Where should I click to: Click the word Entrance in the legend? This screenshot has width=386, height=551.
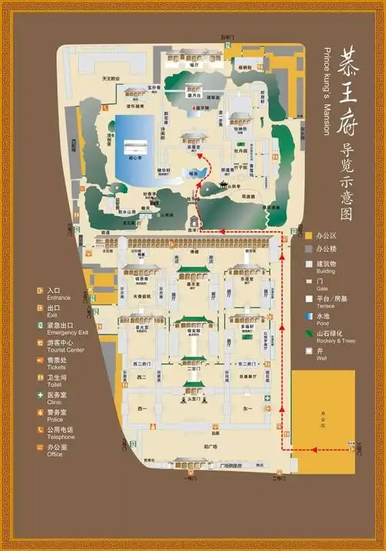(x=59, y=298)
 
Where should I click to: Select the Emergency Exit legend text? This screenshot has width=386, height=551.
(x=63, y=333)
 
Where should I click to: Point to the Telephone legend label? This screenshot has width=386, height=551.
(x=62, y=437)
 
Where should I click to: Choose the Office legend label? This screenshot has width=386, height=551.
(x=55, y=454)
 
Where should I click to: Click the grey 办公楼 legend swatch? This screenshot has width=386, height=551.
(x=309, y=249)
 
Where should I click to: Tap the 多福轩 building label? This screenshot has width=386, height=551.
(x=248, y=327)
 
